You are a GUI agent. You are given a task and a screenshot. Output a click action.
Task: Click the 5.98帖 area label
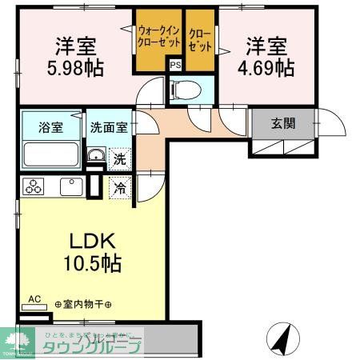[x=77, y=67]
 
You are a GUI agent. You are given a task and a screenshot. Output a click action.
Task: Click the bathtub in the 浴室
[x=50, y=153]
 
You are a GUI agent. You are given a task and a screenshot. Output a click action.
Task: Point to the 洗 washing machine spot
[x=118, y=159]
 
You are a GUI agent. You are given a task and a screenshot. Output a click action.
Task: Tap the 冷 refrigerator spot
[x=118, y=190]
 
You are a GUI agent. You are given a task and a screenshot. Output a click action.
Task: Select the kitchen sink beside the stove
[x=68, y=189]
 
